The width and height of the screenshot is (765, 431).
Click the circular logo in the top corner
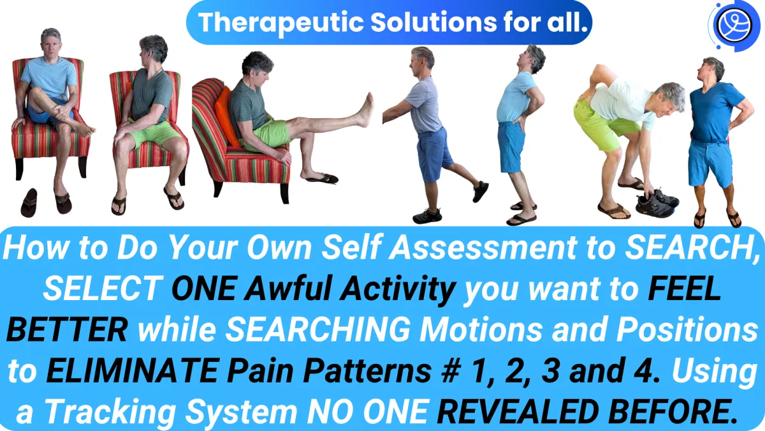point(734,26)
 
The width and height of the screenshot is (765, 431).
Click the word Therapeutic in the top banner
point(280,23)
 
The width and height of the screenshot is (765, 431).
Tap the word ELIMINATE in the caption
point(132,370)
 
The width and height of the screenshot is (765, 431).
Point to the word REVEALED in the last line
point(518,411)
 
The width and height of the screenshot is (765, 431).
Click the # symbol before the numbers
point(451,370)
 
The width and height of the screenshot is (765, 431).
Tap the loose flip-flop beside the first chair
point(29,202)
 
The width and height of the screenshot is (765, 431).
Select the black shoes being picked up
point(657,204)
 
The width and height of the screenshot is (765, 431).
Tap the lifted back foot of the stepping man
point(481,192)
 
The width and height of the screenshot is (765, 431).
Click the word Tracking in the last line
point(112,412)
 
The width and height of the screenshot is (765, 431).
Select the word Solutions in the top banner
point(433,22)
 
